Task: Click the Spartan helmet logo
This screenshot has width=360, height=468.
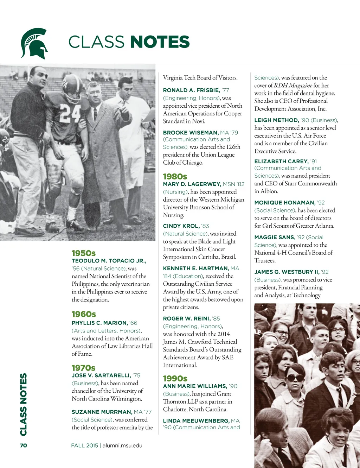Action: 34,43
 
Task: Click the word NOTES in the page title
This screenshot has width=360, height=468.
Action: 160,42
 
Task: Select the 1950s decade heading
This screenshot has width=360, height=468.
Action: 84,253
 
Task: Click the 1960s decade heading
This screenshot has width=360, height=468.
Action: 84,314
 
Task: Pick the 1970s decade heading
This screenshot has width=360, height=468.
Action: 83,368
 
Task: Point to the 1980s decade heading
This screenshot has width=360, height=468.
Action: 175,176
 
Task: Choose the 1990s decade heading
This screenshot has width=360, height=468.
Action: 175,378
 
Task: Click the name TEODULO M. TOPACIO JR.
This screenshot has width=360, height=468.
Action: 109,261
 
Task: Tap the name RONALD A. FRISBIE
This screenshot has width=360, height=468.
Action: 191,90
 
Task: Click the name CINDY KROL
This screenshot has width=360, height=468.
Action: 181,226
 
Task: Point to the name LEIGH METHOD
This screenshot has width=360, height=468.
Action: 276,120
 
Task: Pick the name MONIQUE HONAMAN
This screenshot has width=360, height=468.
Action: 285,202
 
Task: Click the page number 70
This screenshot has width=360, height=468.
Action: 23,445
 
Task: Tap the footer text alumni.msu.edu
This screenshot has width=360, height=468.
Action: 122,445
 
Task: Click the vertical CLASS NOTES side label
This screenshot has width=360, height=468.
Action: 23,404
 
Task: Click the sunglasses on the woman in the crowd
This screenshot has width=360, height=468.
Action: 294,378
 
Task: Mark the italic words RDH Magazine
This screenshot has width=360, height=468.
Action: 293,85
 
